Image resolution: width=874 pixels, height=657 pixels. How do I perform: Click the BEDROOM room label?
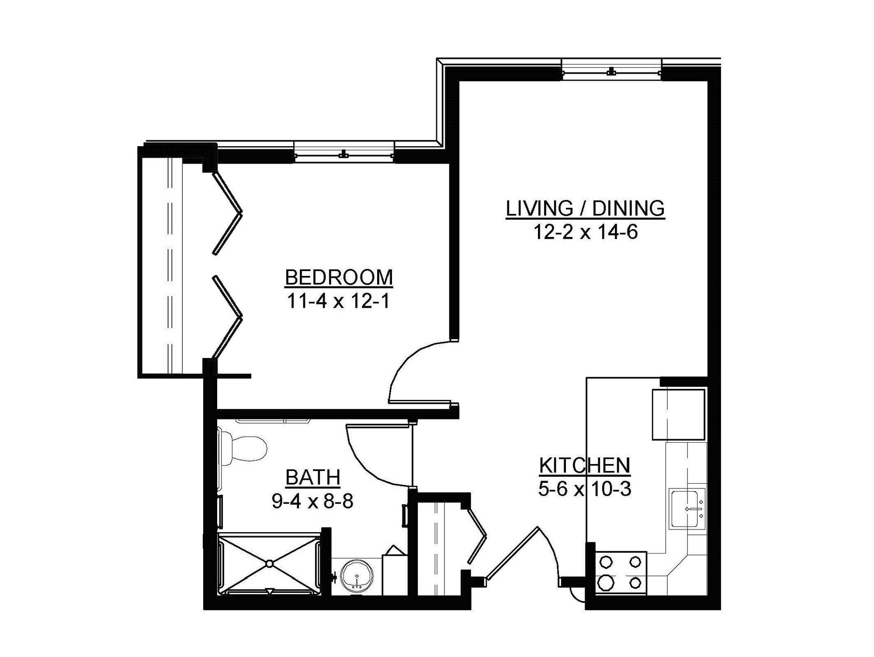tap(339, 278)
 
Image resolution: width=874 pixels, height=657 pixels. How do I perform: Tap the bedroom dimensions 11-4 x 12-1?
tap(338, 301)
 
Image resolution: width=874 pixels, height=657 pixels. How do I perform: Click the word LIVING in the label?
tap(539, 208)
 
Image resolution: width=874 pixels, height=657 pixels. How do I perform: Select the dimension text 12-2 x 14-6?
tap(585, 232)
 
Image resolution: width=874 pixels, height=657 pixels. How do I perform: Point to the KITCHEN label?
tap(585, 466)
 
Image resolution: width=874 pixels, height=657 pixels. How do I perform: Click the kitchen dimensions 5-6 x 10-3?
tap(585, 489)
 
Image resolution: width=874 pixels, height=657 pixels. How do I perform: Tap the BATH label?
tap(313, 478)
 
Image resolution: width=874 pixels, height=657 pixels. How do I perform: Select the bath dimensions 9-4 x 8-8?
tap(312, 502)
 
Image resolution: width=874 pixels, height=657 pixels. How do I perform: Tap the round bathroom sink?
tap(357, 577)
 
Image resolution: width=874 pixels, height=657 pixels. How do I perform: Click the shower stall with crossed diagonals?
tap(270, 564)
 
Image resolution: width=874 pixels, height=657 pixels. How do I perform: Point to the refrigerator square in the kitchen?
tap(678, 415)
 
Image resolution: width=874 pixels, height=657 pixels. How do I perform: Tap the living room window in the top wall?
tap(611, 72)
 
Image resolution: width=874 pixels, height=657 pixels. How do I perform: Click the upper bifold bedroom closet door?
tap(228, 213)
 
